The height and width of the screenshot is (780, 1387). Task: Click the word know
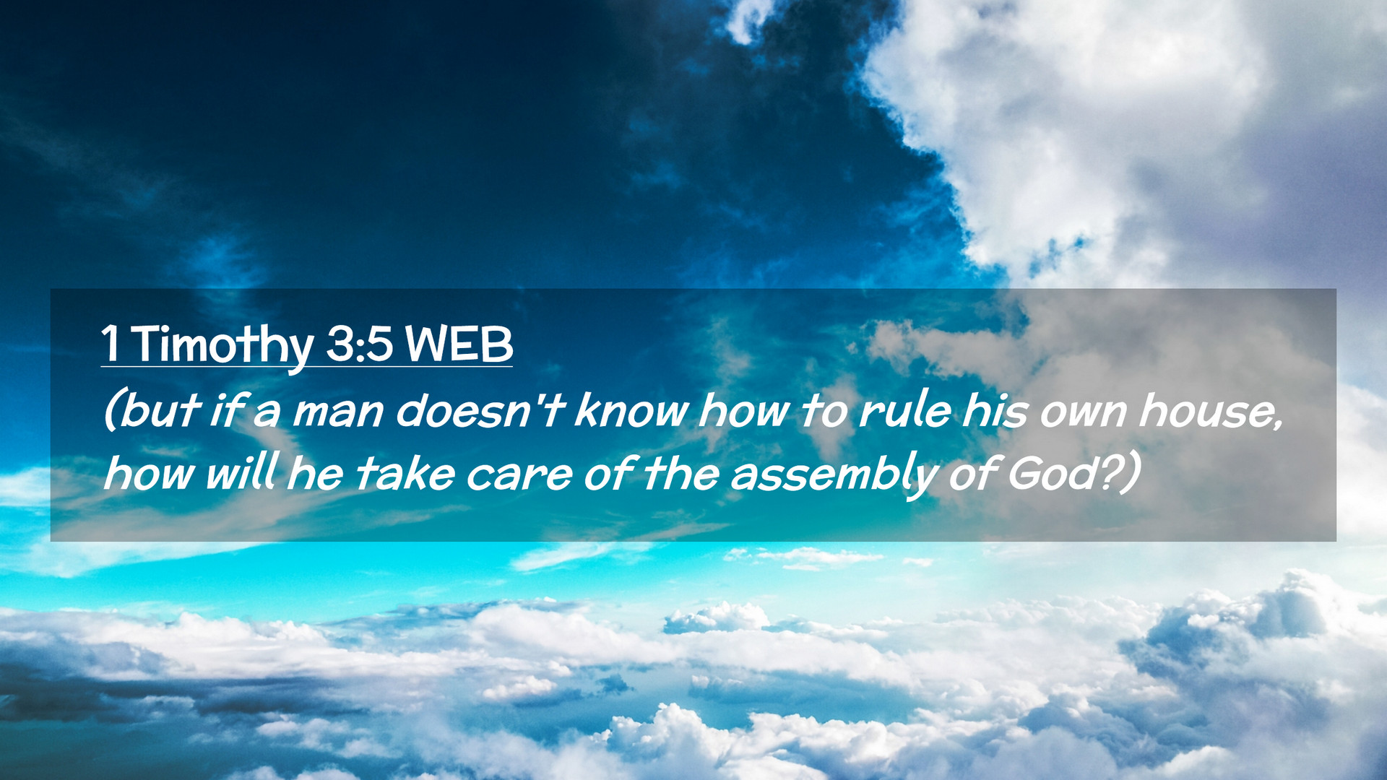[631, 410]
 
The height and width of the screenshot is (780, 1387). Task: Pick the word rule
[905, 410]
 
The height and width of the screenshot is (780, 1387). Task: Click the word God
[1050, 474]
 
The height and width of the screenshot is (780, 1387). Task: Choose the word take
[405, 474]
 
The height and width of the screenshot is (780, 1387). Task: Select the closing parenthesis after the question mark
[1132, 474]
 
